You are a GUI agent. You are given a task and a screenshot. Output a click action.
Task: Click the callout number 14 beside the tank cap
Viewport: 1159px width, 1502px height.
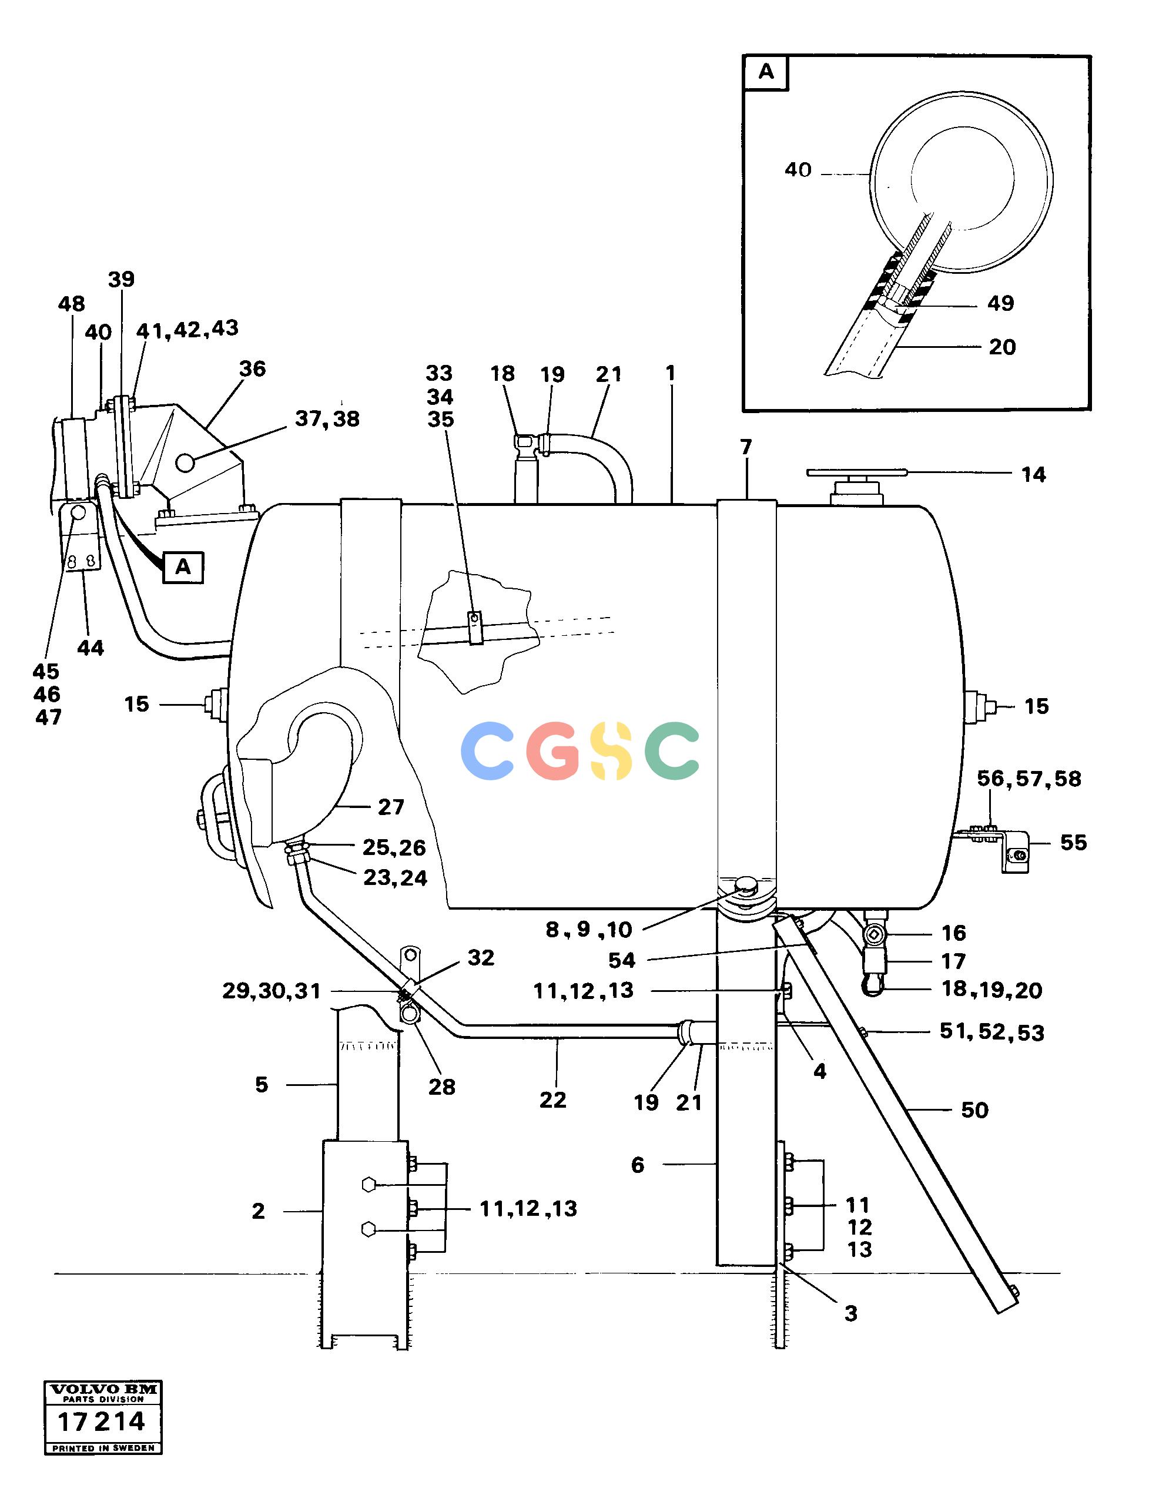coord(1033,475)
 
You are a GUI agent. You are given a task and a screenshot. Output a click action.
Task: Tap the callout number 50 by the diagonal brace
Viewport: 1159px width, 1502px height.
coord(974,1110)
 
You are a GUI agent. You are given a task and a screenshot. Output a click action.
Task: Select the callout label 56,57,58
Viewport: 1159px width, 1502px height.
coord(1029,779)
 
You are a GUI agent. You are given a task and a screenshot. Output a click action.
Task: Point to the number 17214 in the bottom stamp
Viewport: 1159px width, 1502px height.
coord(101,1421)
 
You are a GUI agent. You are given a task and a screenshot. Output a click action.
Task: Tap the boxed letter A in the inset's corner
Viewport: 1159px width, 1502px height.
coord(766,72)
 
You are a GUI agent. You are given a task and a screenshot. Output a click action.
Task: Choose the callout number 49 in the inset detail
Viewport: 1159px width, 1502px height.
coord(1000,303)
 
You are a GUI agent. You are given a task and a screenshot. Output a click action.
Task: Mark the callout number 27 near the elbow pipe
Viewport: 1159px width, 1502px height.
coord(391,807)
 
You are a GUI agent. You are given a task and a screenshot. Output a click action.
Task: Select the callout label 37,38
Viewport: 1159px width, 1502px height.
coord(327,419)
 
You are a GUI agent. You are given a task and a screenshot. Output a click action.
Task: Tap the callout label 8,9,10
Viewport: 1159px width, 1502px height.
coord(589,930)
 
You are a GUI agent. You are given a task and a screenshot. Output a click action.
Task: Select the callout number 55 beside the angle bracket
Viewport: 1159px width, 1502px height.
coord(1073,843)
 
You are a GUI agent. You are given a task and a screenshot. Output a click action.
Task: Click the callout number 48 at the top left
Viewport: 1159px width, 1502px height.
coord(72,304)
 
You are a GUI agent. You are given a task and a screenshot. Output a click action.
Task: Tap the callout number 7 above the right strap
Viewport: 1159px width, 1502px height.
coord(746,447)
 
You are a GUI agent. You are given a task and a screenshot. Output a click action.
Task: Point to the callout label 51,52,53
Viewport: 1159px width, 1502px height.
coord(992,1032)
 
